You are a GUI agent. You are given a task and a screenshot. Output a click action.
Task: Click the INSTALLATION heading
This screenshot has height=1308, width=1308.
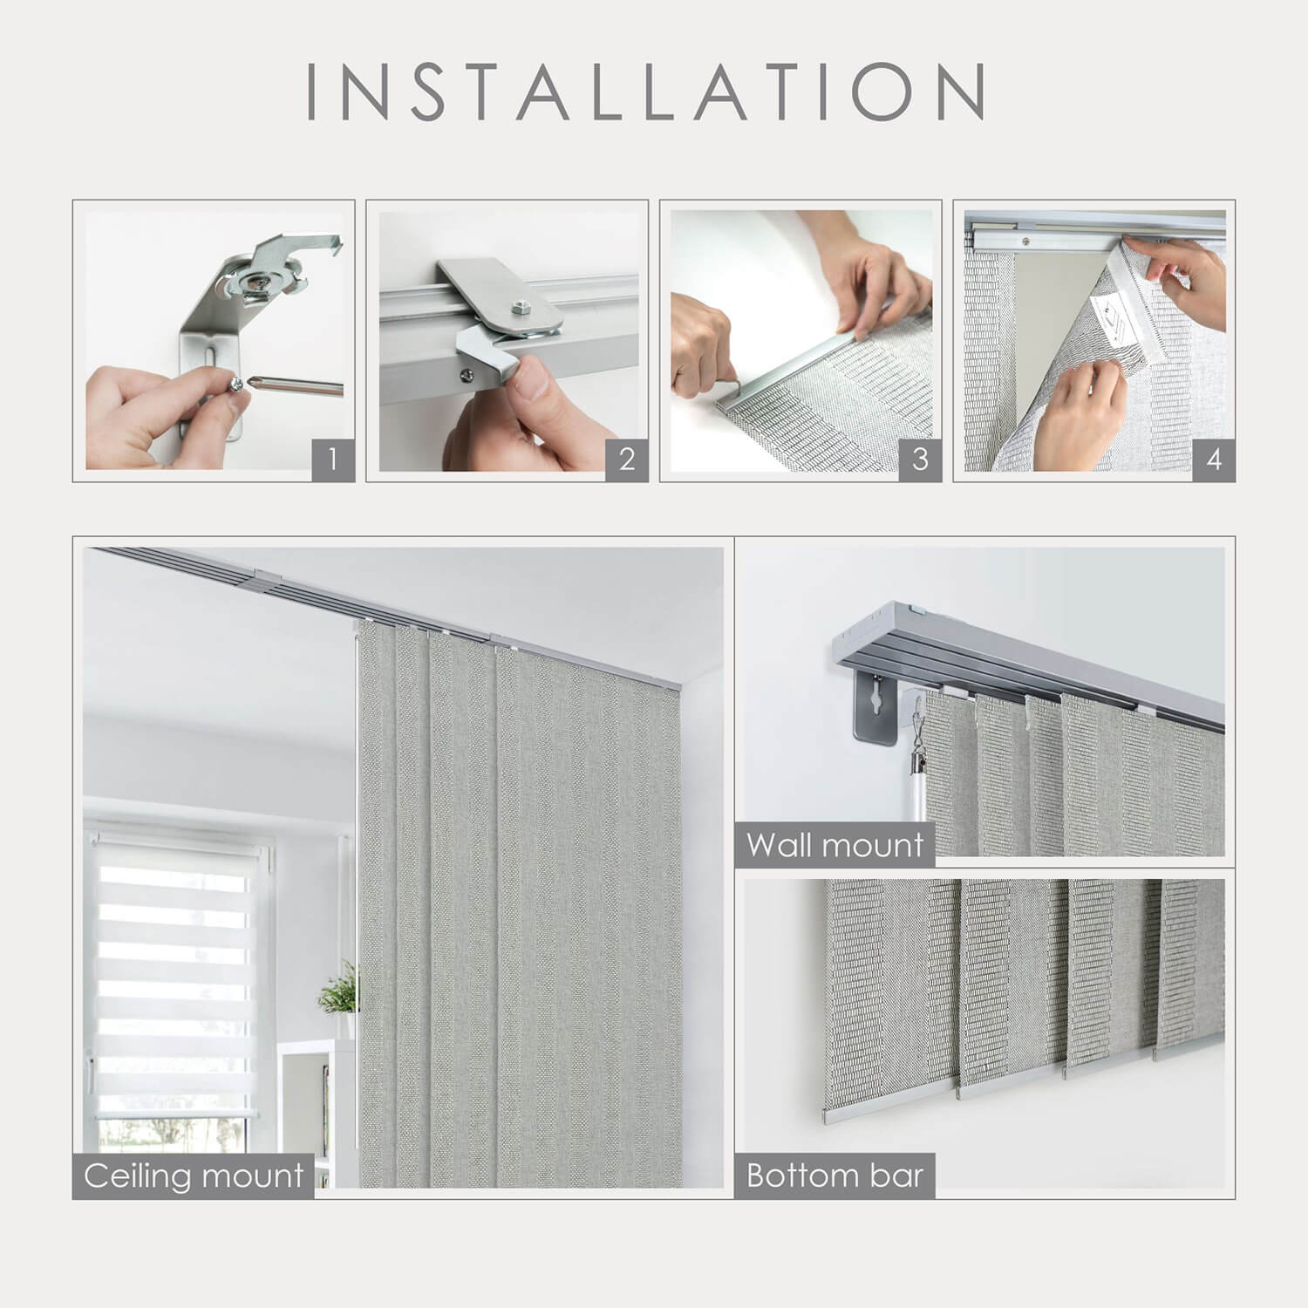(646, 91)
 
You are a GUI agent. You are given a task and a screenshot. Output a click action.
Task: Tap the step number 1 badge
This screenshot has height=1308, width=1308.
(332, 459)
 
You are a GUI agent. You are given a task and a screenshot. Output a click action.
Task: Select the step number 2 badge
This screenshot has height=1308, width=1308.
(626, 459)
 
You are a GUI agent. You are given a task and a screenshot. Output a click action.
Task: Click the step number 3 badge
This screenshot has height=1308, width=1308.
(920, 459)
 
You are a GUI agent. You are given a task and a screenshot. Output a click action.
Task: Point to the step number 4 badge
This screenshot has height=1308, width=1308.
(1214, 459)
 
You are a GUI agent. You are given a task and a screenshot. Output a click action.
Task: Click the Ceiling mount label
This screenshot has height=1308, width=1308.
(194, 1175)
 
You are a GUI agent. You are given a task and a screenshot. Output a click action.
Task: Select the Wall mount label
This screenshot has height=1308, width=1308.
(835, 844)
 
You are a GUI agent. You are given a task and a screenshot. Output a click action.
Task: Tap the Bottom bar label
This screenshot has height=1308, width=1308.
(835, 1175)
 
